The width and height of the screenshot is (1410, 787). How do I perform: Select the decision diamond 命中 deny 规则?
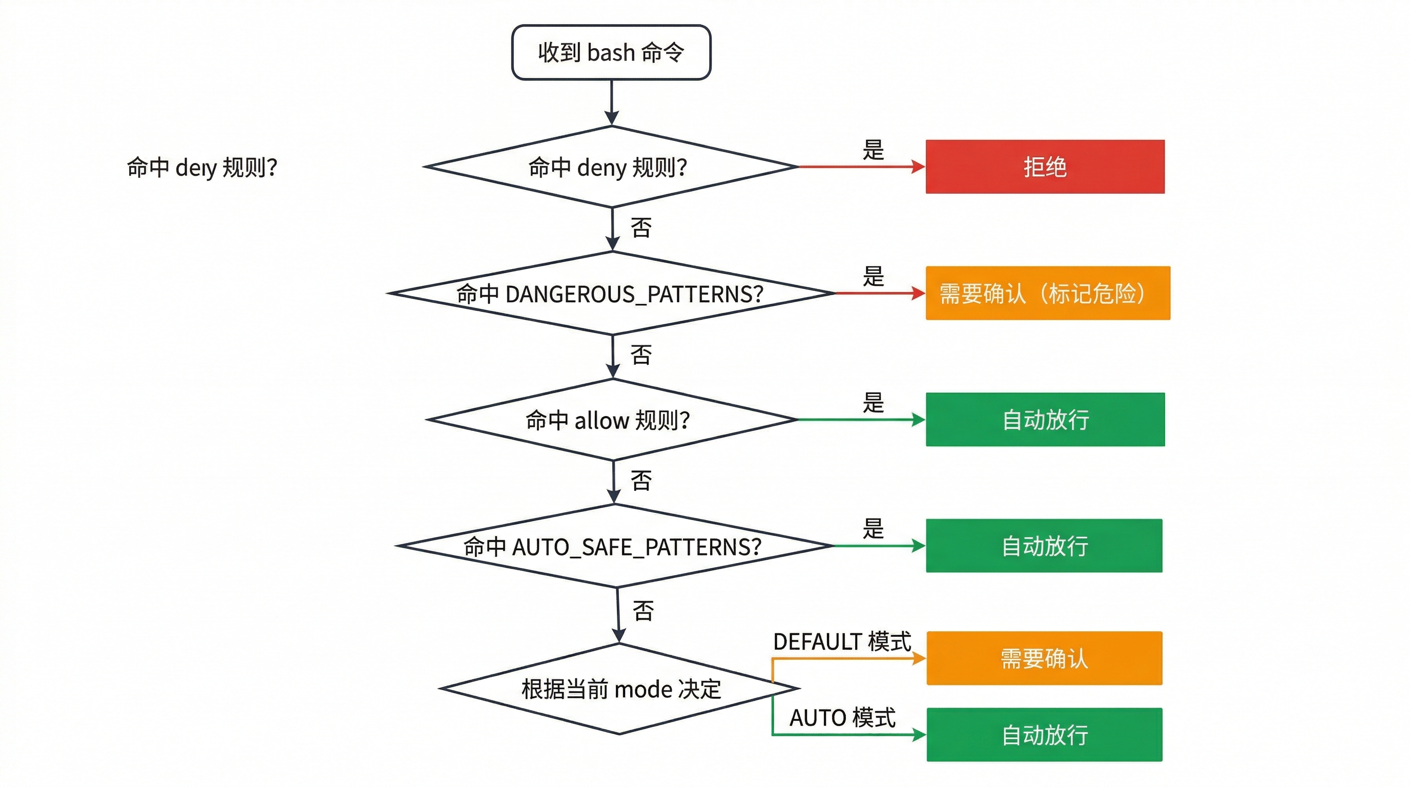pos(611,167)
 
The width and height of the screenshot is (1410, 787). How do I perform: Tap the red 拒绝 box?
pos(1044,167)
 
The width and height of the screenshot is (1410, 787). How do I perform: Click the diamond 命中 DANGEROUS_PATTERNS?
pos(611,294)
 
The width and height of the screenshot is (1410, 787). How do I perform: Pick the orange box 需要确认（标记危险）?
pos(1047,294)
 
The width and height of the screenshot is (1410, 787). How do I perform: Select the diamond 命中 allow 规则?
pos(611,420)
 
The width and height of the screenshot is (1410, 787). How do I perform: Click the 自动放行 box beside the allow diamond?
pos(1044,420)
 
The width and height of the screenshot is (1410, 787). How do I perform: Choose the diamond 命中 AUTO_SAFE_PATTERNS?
pos(613,546)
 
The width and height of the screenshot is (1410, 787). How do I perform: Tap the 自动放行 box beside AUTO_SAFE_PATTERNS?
pos(1043,546)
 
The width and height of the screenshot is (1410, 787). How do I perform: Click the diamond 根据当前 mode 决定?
pos(619,689)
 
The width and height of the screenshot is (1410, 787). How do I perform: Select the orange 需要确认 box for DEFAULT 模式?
pos(1043,658)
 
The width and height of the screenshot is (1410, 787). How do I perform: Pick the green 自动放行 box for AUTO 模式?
pos(1043,734)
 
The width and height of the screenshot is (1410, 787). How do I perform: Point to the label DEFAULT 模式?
pos(842,641)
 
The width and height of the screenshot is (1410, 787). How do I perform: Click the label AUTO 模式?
pos(842,717)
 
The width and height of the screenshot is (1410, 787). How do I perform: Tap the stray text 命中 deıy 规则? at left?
pos(202,167)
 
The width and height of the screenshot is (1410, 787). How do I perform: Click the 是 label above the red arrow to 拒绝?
pos(873,150)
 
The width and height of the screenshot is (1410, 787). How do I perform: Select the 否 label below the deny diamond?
pos(641,227)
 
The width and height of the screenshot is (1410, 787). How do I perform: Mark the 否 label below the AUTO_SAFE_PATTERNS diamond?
pos(643,611)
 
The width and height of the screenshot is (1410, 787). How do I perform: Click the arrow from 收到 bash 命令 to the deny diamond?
pos(611,102)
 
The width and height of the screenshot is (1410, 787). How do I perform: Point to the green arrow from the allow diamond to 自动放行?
pos(859,420)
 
